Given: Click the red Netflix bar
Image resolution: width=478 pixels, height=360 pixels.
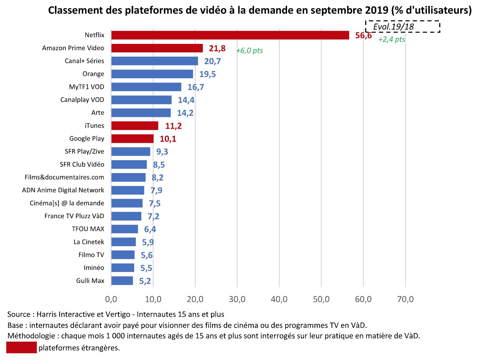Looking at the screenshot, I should point(230,35).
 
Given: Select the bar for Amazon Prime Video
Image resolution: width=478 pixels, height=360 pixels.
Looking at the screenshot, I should point(157,48).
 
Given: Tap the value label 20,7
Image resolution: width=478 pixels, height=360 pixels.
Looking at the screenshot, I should point(212,61).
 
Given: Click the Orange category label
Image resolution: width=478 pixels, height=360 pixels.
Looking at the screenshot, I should point(93,74).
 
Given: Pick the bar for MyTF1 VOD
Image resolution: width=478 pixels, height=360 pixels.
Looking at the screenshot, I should point(146,87).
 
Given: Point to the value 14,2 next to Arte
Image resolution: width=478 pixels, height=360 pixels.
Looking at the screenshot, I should point(185,113).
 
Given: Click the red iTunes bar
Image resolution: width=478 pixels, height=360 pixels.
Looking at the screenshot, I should point(135,126).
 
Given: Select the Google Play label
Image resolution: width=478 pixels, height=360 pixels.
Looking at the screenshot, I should point(87,139).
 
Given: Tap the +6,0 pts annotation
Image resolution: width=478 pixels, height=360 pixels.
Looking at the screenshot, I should point(249,50).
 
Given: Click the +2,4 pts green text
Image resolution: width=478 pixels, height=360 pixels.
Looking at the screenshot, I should point(392,39).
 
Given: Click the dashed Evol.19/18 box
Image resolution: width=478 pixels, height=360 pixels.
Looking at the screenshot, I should point(403,27).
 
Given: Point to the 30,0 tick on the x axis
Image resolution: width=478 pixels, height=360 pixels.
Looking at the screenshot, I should point(237,299).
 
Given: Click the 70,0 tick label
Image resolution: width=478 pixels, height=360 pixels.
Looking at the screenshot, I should point(405,299).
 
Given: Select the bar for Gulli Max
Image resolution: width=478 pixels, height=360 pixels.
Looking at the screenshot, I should point(122,281).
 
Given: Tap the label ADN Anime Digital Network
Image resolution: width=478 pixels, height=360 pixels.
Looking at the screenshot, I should point(63,190).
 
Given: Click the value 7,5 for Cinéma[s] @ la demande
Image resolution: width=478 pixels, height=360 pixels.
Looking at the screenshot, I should point(154,203).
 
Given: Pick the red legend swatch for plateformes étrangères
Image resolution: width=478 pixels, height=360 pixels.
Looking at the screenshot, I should point(21,347).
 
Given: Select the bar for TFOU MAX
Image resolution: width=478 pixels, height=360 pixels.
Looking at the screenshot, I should point(125,229).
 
